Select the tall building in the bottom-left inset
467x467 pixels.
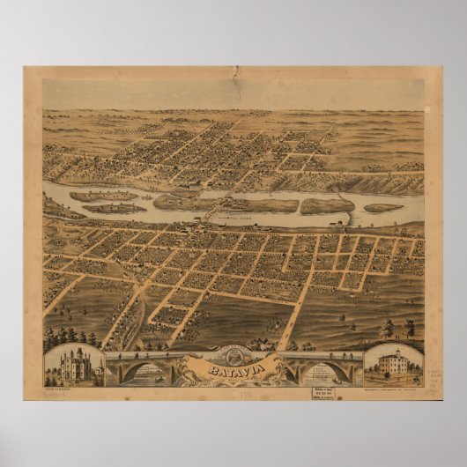point(73,366)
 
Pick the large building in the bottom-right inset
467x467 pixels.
point(393,366)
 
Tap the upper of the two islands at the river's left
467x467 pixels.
point(103,196)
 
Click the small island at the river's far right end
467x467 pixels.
point(384,209)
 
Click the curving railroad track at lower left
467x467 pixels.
point(132,308)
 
